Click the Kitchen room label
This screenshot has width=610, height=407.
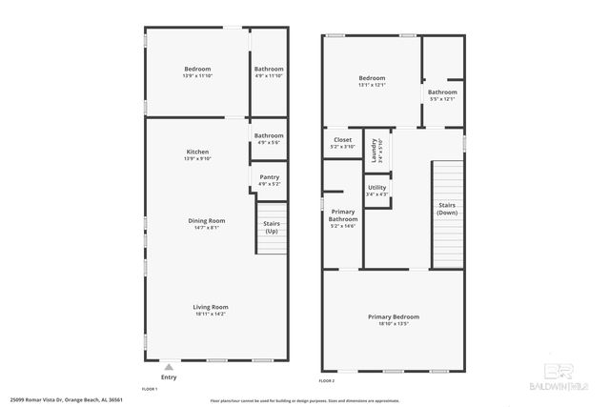[197, 153]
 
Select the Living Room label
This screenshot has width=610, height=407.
[211, 307]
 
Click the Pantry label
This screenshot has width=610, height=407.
[269, 176]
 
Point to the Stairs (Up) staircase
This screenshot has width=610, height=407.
[272, 229]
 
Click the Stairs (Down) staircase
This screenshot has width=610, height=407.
[446, 209]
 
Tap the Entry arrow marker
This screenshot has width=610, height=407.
[168, 366]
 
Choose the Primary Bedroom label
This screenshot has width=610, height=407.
[394, 316]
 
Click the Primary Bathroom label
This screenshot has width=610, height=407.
[342, 215]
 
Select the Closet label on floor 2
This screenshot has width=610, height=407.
[342, 140]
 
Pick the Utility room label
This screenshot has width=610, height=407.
[377, 188]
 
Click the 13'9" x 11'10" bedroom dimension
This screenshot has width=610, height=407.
[197, 77]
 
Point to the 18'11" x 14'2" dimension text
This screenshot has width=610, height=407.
[211, 314]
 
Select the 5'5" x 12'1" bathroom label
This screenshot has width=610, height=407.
[442, 98]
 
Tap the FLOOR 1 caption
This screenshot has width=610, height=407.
[150, 389]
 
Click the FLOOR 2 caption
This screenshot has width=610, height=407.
[329, 380]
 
